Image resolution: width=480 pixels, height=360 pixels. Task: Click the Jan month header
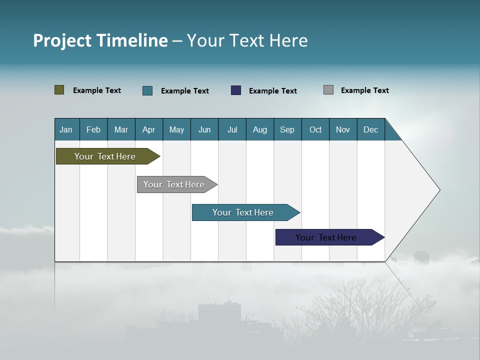click(x=66, y=129)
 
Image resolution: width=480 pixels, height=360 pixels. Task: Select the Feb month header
click(x=93, y=129)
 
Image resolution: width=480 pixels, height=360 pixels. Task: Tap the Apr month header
click(x=148, y=129)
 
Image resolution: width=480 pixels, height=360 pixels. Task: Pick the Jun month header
click(x=204, y=129)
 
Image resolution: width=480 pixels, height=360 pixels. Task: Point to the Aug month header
click(x=259, y=129)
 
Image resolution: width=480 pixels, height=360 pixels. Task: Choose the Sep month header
click(x=287, y=129)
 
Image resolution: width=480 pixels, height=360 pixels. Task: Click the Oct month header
click(x=315, y=129)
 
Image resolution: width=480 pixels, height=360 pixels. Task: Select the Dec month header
click(x=370, y=129)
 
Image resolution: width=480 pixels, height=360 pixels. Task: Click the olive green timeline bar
click(x=105, y=156)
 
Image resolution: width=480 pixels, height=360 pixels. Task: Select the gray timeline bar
click(x=174, y=184)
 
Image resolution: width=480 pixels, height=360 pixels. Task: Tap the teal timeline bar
click(x=243, y=212)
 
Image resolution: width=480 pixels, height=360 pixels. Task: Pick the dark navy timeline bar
click(x=326, y=237)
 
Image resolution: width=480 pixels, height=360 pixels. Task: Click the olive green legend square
click(x=59, y=90)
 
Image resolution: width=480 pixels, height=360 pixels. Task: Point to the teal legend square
click(x=147, y=90)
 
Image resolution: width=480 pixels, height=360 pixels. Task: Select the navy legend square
click(x=236, y=90)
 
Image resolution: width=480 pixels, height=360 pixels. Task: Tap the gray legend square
click(x=328, y=90)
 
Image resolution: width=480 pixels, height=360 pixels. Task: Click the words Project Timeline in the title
click(x=100, y=40)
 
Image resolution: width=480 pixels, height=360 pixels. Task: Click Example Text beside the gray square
click(x=364, y=90)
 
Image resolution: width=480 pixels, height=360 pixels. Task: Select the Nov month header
click(x=342, y=129)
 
